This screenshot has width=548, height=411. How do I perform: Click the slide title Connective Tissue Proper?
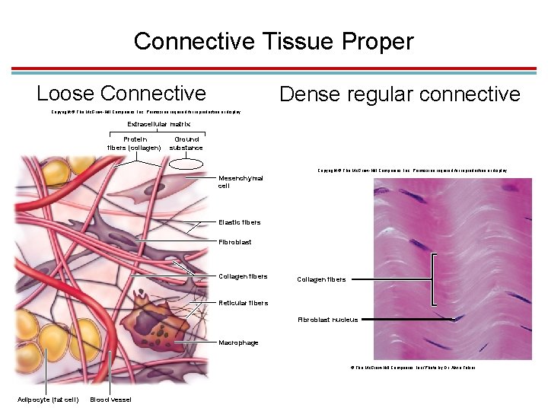pyautogui.click(x=273, y=40)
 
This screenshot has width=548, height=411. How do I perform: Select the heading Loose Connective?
pyautogui.click(x=121, y=94)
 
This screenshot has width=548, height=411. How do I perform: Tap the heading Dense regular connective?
pyautogui.click(x=400, y=94)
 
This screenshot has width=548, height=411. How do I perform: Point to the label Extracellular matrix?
pyautogui.click(x=158, y=123)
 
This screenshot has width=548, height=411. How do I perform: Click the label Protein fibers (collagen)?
pyautogui.click(x=133, y=144)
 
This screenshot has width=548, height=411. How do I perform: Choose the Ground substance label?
pyautogui.click(x=186, y=144)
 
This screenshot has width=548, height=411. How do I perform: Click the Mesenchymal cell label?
pyautogui.click(x=241, y=182)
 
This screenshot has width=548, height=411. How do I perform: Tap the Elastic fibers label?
pyautogui.click(x=239, y=222)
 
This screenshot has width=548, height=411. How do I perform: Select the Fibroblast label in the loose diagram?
pyautogui.click(x=234, y=242)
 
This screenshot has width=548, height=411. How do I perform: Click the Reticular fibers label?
pyautogui.click(x=243, y=303)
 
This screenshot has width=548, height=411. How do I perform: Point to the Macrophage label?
pyautogui.click(x=238, y=342)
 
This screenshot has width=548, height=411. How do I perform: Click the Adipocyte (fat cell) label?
pyautogui.click(x=48, y=400)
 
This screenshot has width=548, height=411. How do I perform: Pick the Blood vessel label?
pyautogui.click(x=110, y=400)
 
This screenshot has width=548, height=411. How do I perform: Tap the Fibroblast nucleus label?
pyautogui.click(x=327, y=320)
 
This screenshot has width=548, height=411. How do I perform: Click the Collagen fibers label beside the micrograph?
pyautogui.click(x=320, y=279)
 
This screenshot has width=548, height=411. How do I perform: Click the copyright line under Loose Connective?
pyautogui.click(x=145, y=112)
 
